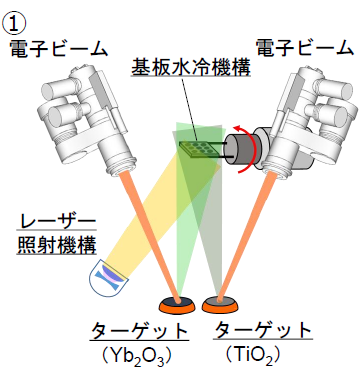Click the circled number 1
pos(14,24)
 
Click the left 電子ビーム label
pos(59,49)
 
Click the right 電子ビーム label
pos(305,48)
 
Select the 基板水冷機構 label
pos(191,68)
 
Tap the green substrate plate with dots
pos(199,149)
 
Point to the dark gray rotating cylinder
pos(239,148)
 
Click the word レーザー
pos(57,221)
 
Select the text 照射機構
pos(57,245)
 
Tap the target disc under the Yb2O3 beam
pos(177,304)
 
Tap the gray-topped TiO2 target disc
pos(220,304)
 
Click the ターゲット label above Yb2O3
pos(139,331)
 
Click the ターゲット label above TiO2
pos(263,330)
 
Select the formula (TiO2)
pos(252,356)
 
